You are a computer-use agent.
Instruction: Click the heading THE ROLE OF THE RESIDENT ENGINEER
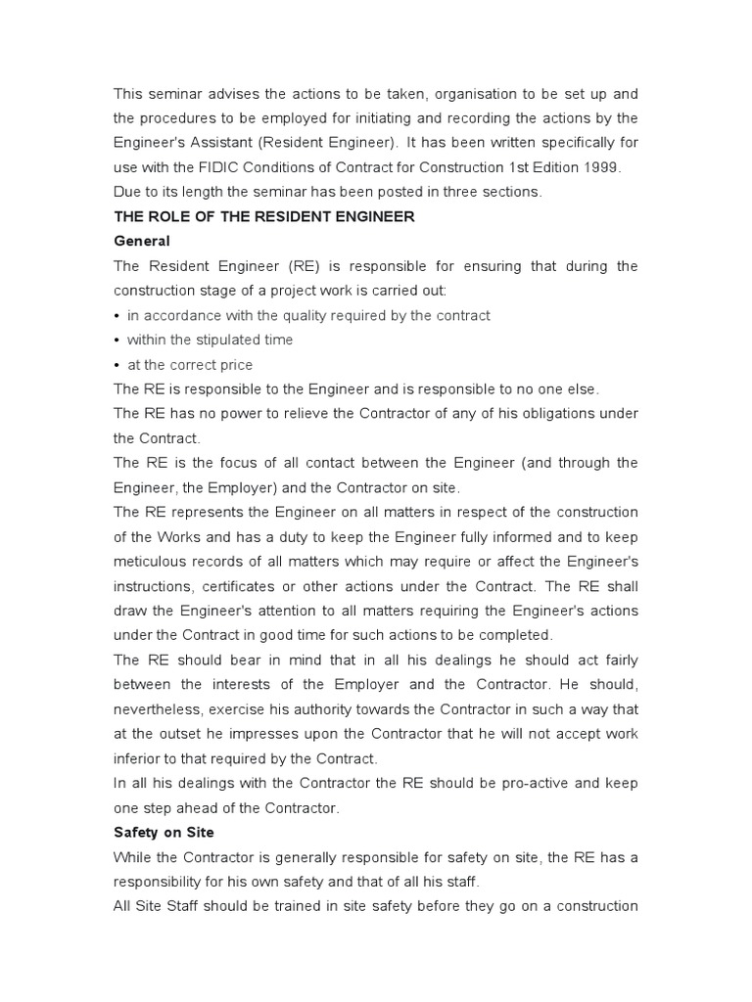tap(264, 216)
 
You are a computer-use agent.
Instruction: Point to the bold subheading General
tap(142, 241)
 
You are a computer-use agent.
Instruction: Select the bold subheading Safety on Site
tap(164, 832)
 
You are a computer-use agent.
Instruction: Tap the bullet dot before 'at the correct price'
tap(117, 365)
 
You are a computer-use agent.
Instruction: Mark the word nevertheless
tap(161, 709)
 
